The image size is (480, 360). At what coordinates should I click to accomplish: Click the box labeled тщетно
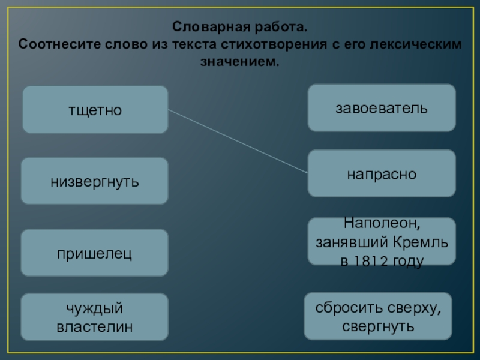point(95,110)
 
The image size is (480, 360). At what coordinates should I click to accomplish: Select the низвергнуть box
point(95,181)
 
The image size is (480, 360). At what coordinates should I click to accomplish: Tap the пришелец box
point(95,253)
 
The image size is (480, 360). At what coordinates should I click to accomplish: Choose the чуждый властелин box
point(95,317)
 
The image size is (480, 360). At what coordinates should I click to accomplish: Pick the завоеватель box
point(382,108)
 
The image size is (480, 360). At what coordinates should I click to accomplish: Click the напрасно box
point(382,173)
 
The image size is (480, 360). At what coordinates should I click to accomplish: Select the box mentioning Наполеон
point(382,242)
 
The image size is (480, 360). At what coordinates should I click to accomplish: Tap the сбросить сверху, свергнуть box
point(378,317)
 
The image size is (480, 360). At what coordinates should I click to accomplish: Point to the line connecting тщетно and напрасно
point(238,142)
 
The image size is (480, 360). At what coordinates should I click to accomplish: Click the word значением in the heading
point(239,62)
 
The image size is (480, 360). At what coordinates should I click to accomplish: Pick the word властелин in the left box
point(95,327)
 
